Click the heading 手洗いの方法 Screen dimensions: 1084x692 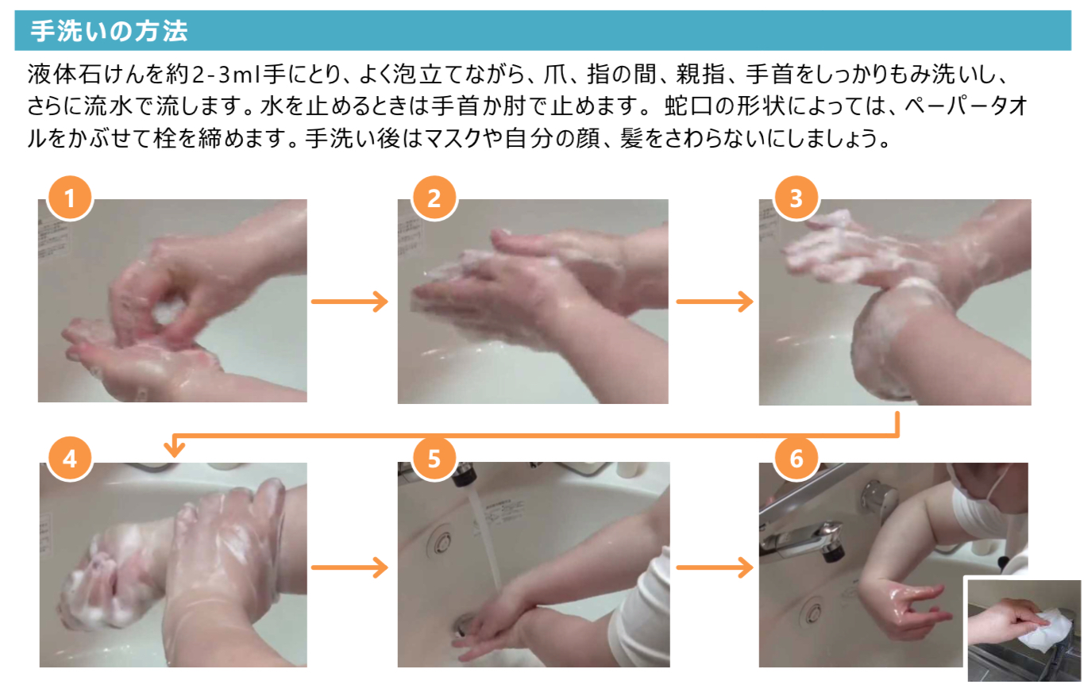(x=109, y=31)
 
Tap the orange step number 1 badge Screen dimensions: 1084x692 (x=70, y=198)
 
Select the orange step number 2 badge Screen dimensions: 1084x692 (x=434, y=198)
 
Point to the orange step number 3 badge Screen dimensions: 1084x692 (x=796, y=198)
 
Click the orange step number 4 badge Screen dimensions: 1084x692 (x=70, y=459)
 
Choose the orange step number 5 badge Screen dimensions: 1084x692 (x=434, y=459)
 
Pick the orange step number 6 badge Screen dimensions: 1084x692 (x=796, y=459)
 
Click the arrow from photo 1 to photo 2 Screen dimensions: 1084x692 (x=349, y=302)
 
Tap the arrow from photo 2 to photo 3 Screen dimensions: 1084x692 (x=714, y=302)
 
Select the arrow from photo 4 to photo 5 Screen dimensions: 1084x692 (x=349, y=567)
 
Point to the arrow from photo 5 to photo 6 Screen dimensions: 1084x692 (x=714, y=567)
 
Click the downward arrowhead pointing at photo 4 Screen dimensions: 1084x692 (x=174, y=448)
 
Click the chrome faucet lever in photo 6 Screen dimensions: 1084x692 (x=804, y=540)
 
